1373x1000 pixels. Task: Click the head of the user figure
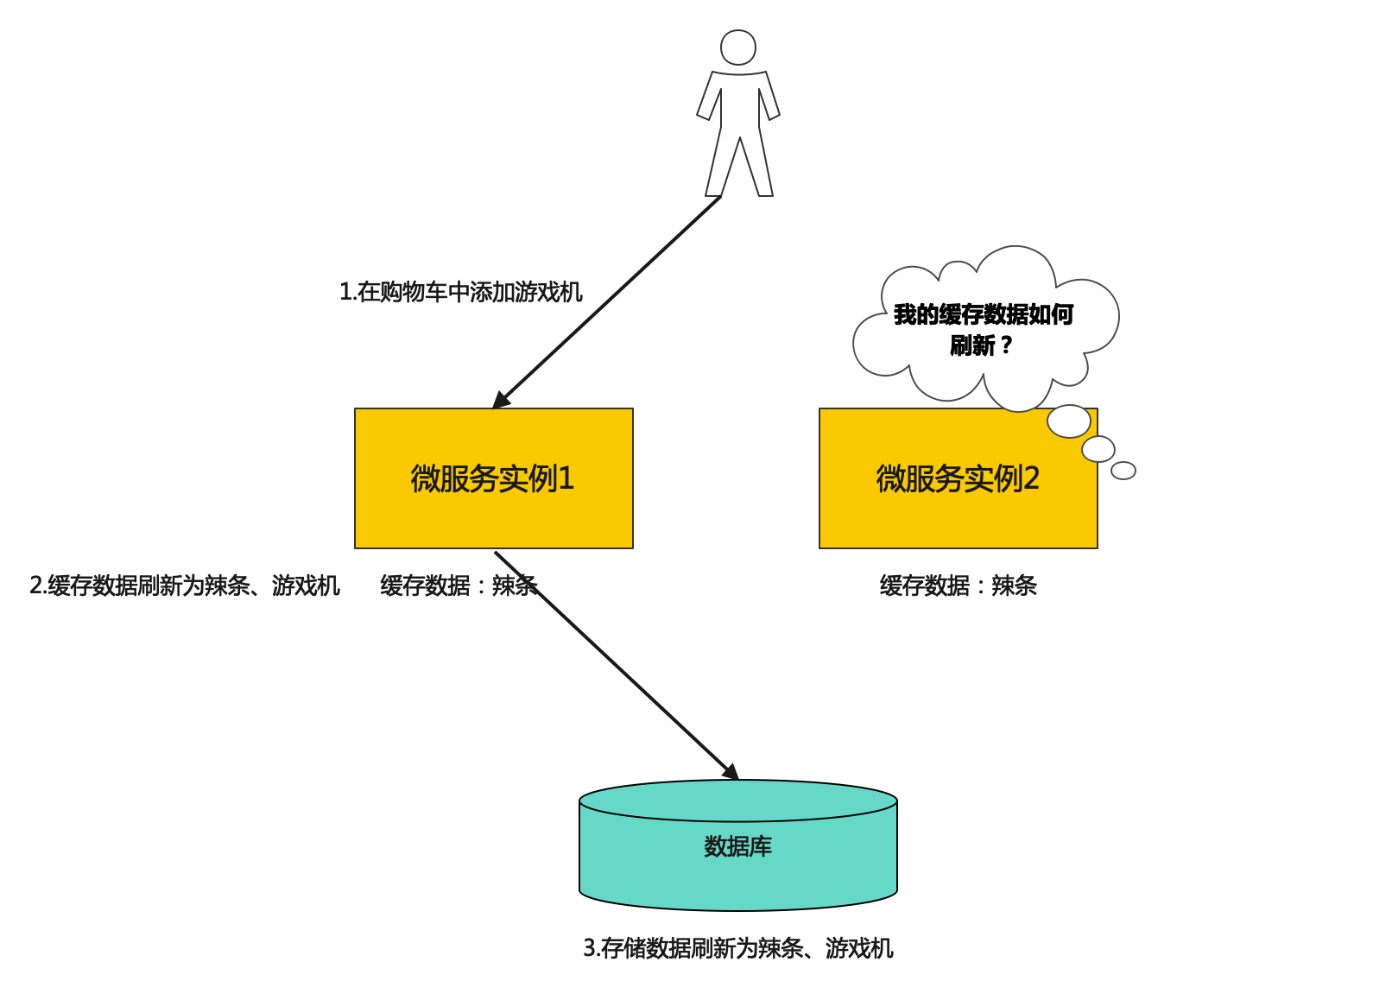pos(738,47)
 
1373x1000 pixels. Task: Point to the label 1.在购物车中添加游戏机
pos(461,292)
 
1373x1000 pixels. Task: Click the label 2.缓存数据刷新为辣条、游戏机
pos(185,585)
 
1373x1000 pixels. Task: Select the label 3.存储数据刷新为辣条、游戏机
pos(738,948)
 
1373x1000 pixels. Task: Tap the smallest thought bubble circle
pos(1123,471)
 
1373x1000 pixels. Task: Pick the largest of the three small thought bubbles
pos(1069,421)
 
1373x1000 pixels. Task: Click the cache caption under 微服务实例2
pos(958,585)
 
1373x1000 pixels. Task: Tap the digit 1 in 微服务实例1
pos(566,478)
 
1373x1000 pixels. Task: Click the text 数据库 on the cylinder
pos(738,846)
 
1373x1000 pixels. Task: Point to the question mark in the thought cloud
pos(1006,345)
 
